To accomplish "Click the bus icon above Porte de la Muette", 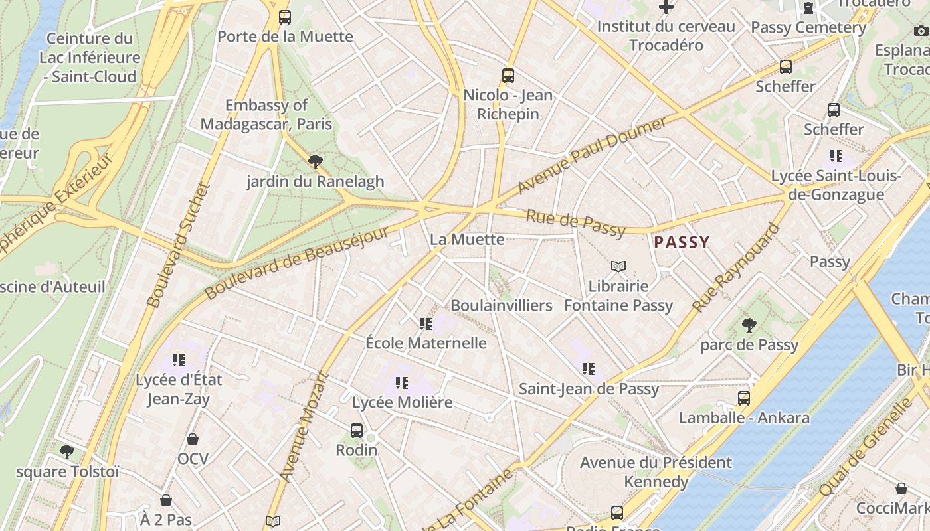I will click(x=285, y=17).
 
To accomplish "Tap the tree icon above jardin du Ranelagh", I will click(x=316, y=161).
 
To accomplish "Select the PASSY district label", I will click(x=682, y=242).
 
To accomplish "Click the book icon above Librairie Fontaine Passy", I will click(x=618, y=267).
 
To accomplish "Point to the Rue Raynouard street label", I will click(x=735, y=267).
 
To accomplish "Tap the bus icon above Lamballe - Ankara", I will click(x=744, y=398).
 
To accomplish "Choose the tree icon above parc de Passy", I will click(x=749, y=325).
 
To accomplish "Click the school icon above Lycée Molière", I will click(x=402, y=383).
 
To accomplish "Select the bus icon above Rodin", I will click(x=357, y=431).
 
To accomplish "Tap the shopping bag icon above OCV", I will click(x=193, y=439).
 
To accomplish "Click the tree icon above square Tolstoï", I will click(x=67, y=452).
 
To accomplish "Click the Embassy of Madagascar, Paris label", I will click(x=266, y=114).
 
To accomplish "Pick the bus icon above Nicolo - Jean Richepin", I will click(x=508, y=76).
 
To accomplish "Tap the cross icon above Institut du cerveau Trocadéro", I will click(x=666, y=7).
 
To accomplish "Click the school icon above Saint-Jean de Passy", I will click(x=589, y=369).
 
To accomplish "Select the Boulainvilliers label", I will click(x=502, y=305).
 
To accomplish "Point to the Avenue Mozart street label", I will click(x=304, y=425).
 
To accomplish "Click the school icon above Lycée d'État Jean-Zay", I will click(x=179, y=360).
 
